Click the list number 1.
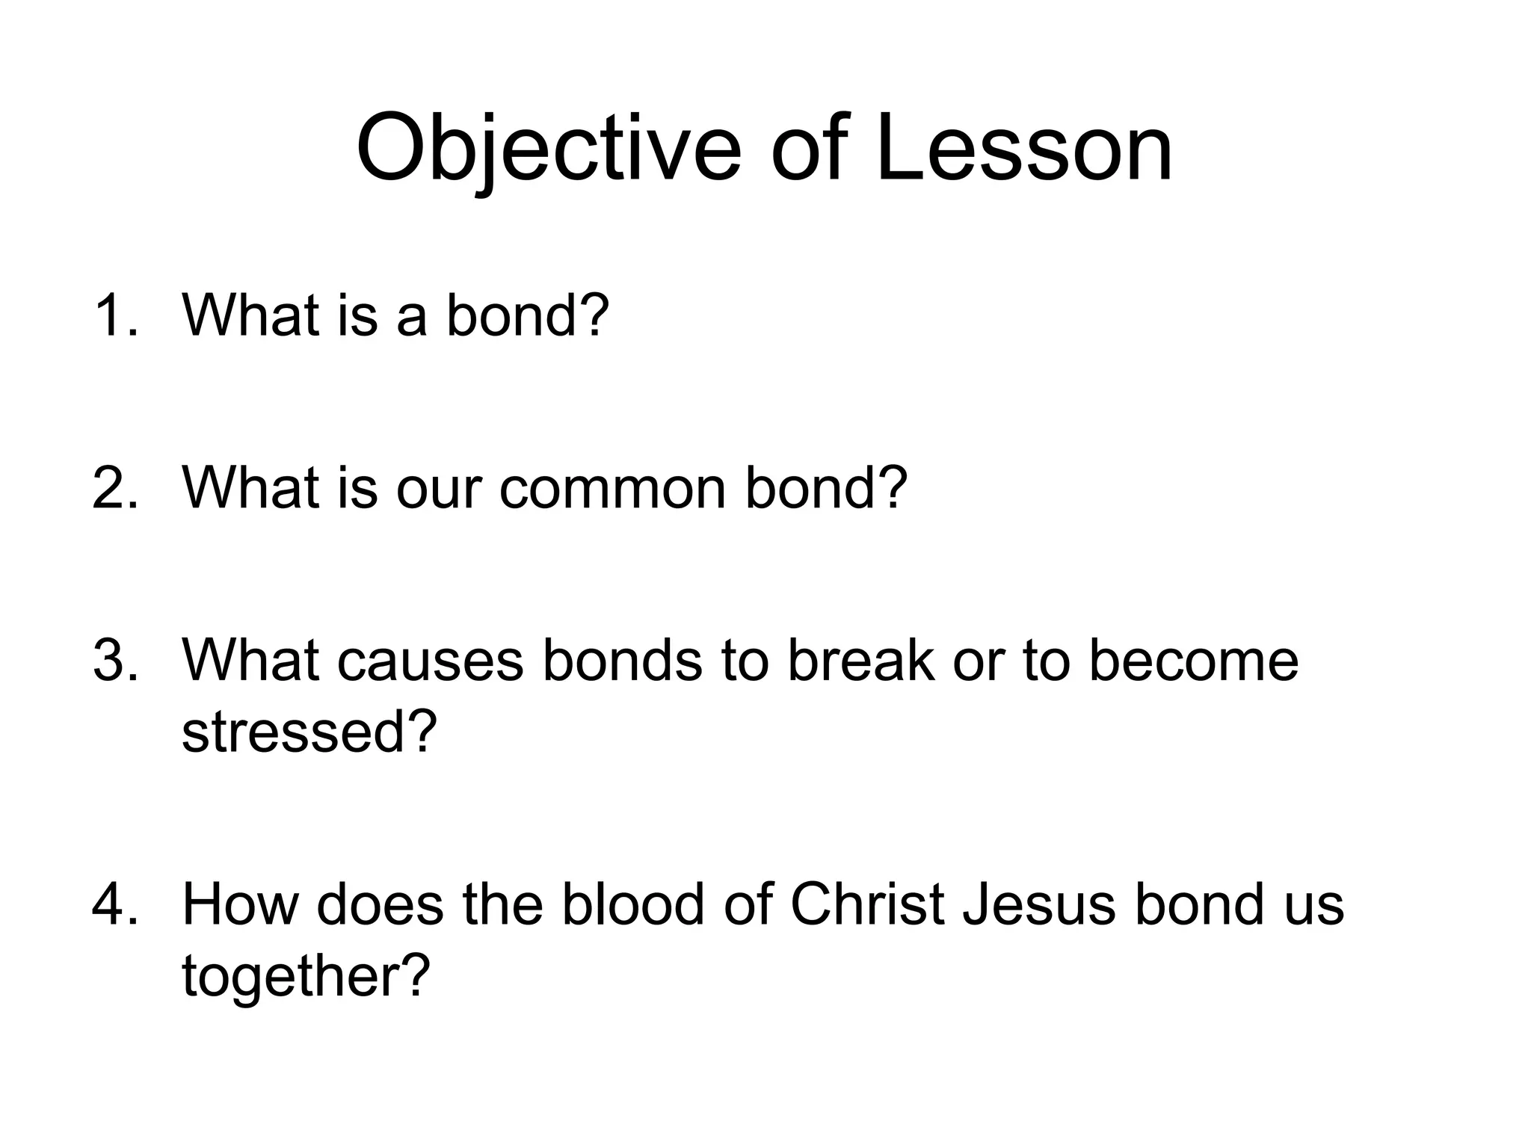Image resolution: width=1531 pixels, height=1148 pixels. [x=116, y=315]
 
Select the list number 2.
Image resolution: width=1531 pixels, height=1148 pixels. [x=116, y=488]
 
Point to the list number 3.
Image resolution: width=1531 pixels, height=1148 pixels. [x=116, y=661]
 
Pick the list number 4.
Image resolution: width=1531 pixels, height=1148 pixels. [x=116, y=904]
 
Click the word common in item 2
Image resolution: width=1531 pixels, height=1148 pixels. [x=613, y=488]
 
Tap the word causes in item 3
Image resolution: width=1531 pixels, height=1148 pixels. [x=430, y=661]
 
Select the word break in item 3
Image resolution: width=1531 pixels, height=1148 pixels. [x=861, y=661]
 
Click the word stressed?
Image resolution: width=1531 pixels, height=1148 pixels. [x=309, y=732]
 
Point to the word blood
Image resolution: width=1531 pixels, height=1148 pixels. [x=632, y=904]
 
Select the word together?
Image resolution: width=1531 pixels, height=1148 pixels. [x=306, y=976]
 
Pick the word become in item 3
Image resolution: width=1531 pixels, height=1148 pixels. [x=1193, y=661]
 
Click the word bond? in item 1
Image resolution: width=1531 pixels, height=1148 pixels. [x=528, y=315]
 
